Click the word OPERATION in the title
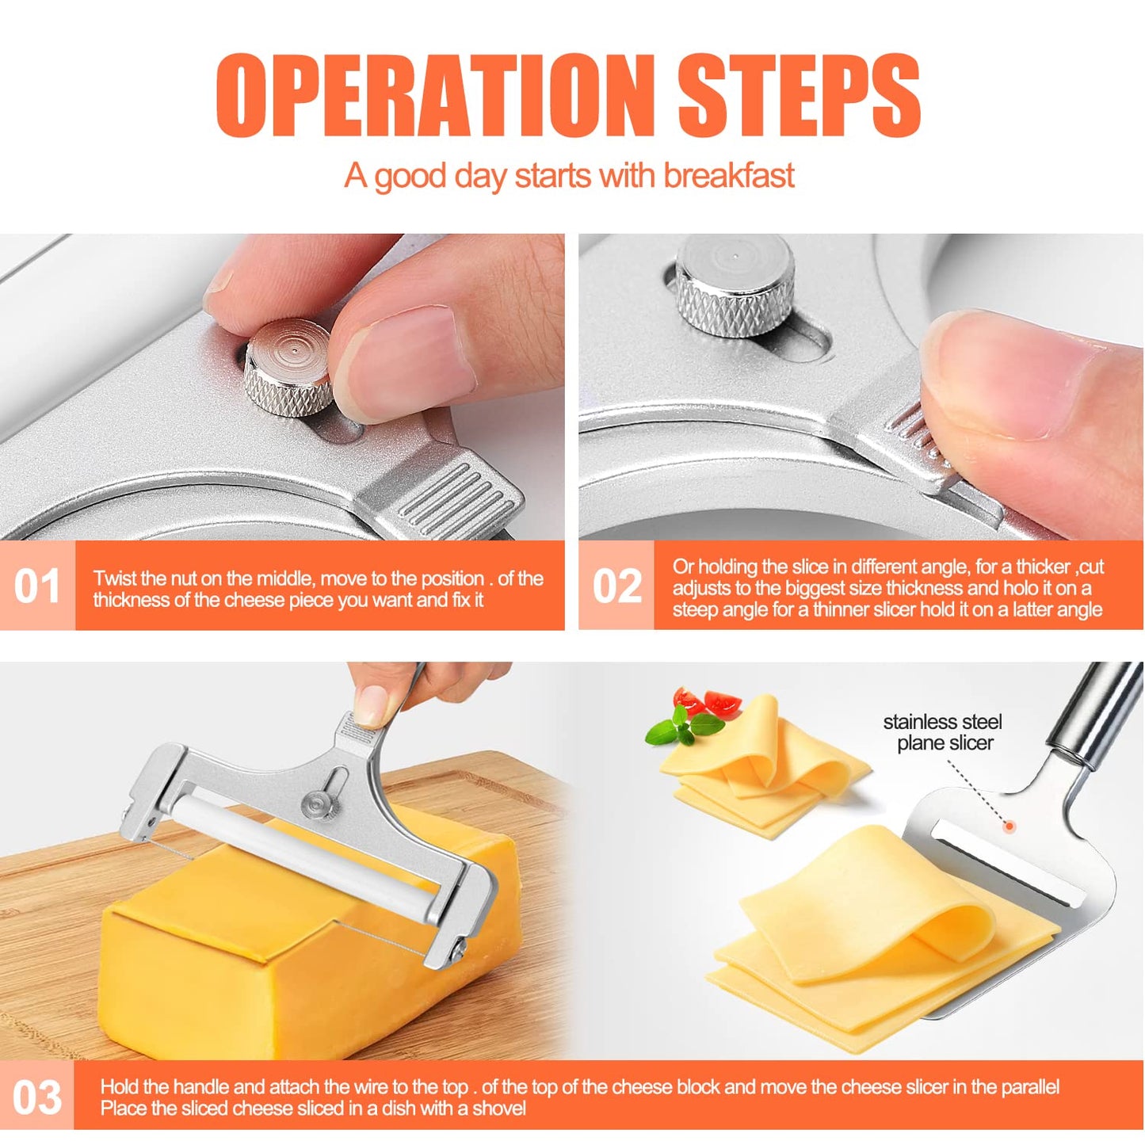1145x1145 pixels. click(x=434, y=97)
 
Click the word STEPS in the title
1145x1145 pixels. click(x=798, y=97)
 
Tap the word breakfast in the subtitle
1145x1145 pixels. click(x=728, y=176)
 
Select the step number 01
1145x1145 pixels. click(x=36, y=586)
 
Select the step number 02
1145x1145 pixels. click(x=616, y=586)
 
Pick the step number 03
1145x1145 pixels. click(x=36, y=1097)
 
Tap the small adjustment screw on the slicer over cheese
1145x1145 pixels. click(x=320, y=804)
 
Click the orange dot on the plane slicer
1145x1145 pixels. click(x=1010, y=826)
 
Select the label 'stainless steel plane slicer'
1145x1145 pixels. click(x=943, y=732)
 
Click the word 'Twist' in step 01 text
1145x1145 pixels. click(x=115, y=578)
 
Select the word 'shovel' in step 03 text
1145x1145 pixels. click(x=498, y=1109)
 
